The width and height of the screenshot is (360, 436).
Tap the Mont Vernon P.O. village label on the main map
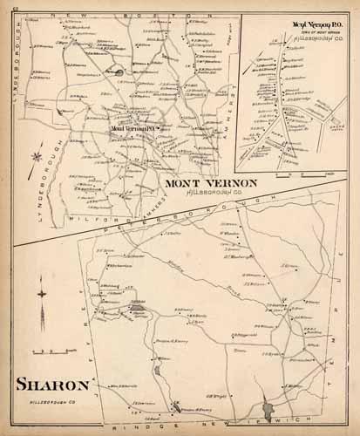coord(132,129)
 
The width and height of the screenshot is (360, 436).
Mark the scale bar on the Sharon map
coord(40,351)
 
